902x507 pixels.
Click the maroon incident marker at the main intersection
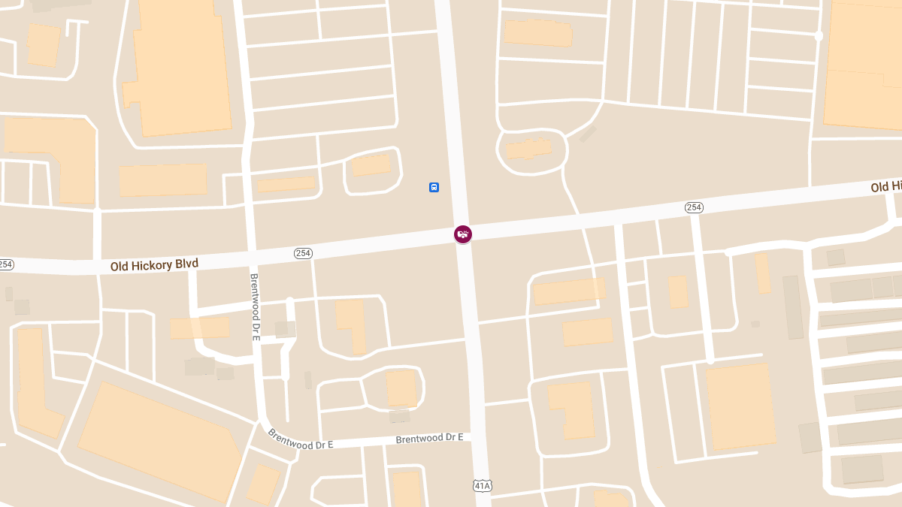(463, 234)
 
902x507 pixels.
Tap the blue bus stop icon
(434, 187)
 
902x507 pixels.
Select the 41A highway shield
(482, 486)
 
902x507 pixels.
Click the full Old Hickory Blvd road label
(154, 264)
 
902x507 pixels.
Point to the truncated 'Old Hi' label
(886, 186)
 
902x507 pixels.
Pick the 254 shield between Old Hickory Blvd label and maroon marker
(303, 254)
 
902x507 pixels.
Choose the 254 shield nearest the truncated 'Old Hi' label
(694, 207)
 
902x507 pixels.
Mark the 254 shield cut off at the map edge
(5, 264)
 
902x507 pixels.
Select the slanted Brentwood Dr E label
(300, 440)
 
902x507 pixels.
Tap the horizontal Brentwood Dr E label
(428, 438)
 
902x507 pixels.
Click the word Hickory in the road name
(155, 264)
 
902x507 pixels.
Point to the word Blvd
(189, 263)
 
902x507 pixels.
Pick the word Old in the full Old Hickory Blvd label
(120, 267)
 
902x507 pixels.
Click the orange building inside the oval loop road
(528, 149)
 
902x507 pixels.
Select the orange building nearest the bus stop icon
(371, 164)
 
